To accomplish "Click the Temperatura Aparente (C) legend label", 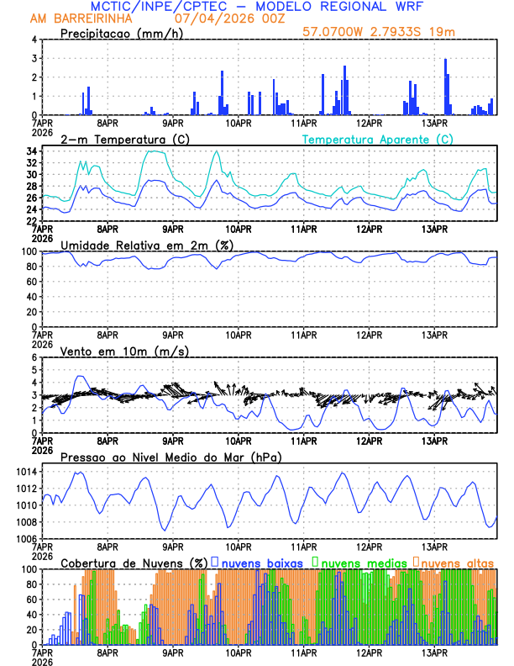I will [x=377, y=139].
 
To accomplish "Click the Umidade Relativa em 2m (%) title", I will [x=147, y=245].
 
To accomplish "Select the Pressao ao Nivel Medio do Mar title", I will [x=171, y=457].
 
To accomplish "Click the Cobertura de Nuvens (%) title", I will [x=134, y=563].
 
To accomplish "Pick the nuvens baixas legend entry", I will [x=256, y=563].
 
